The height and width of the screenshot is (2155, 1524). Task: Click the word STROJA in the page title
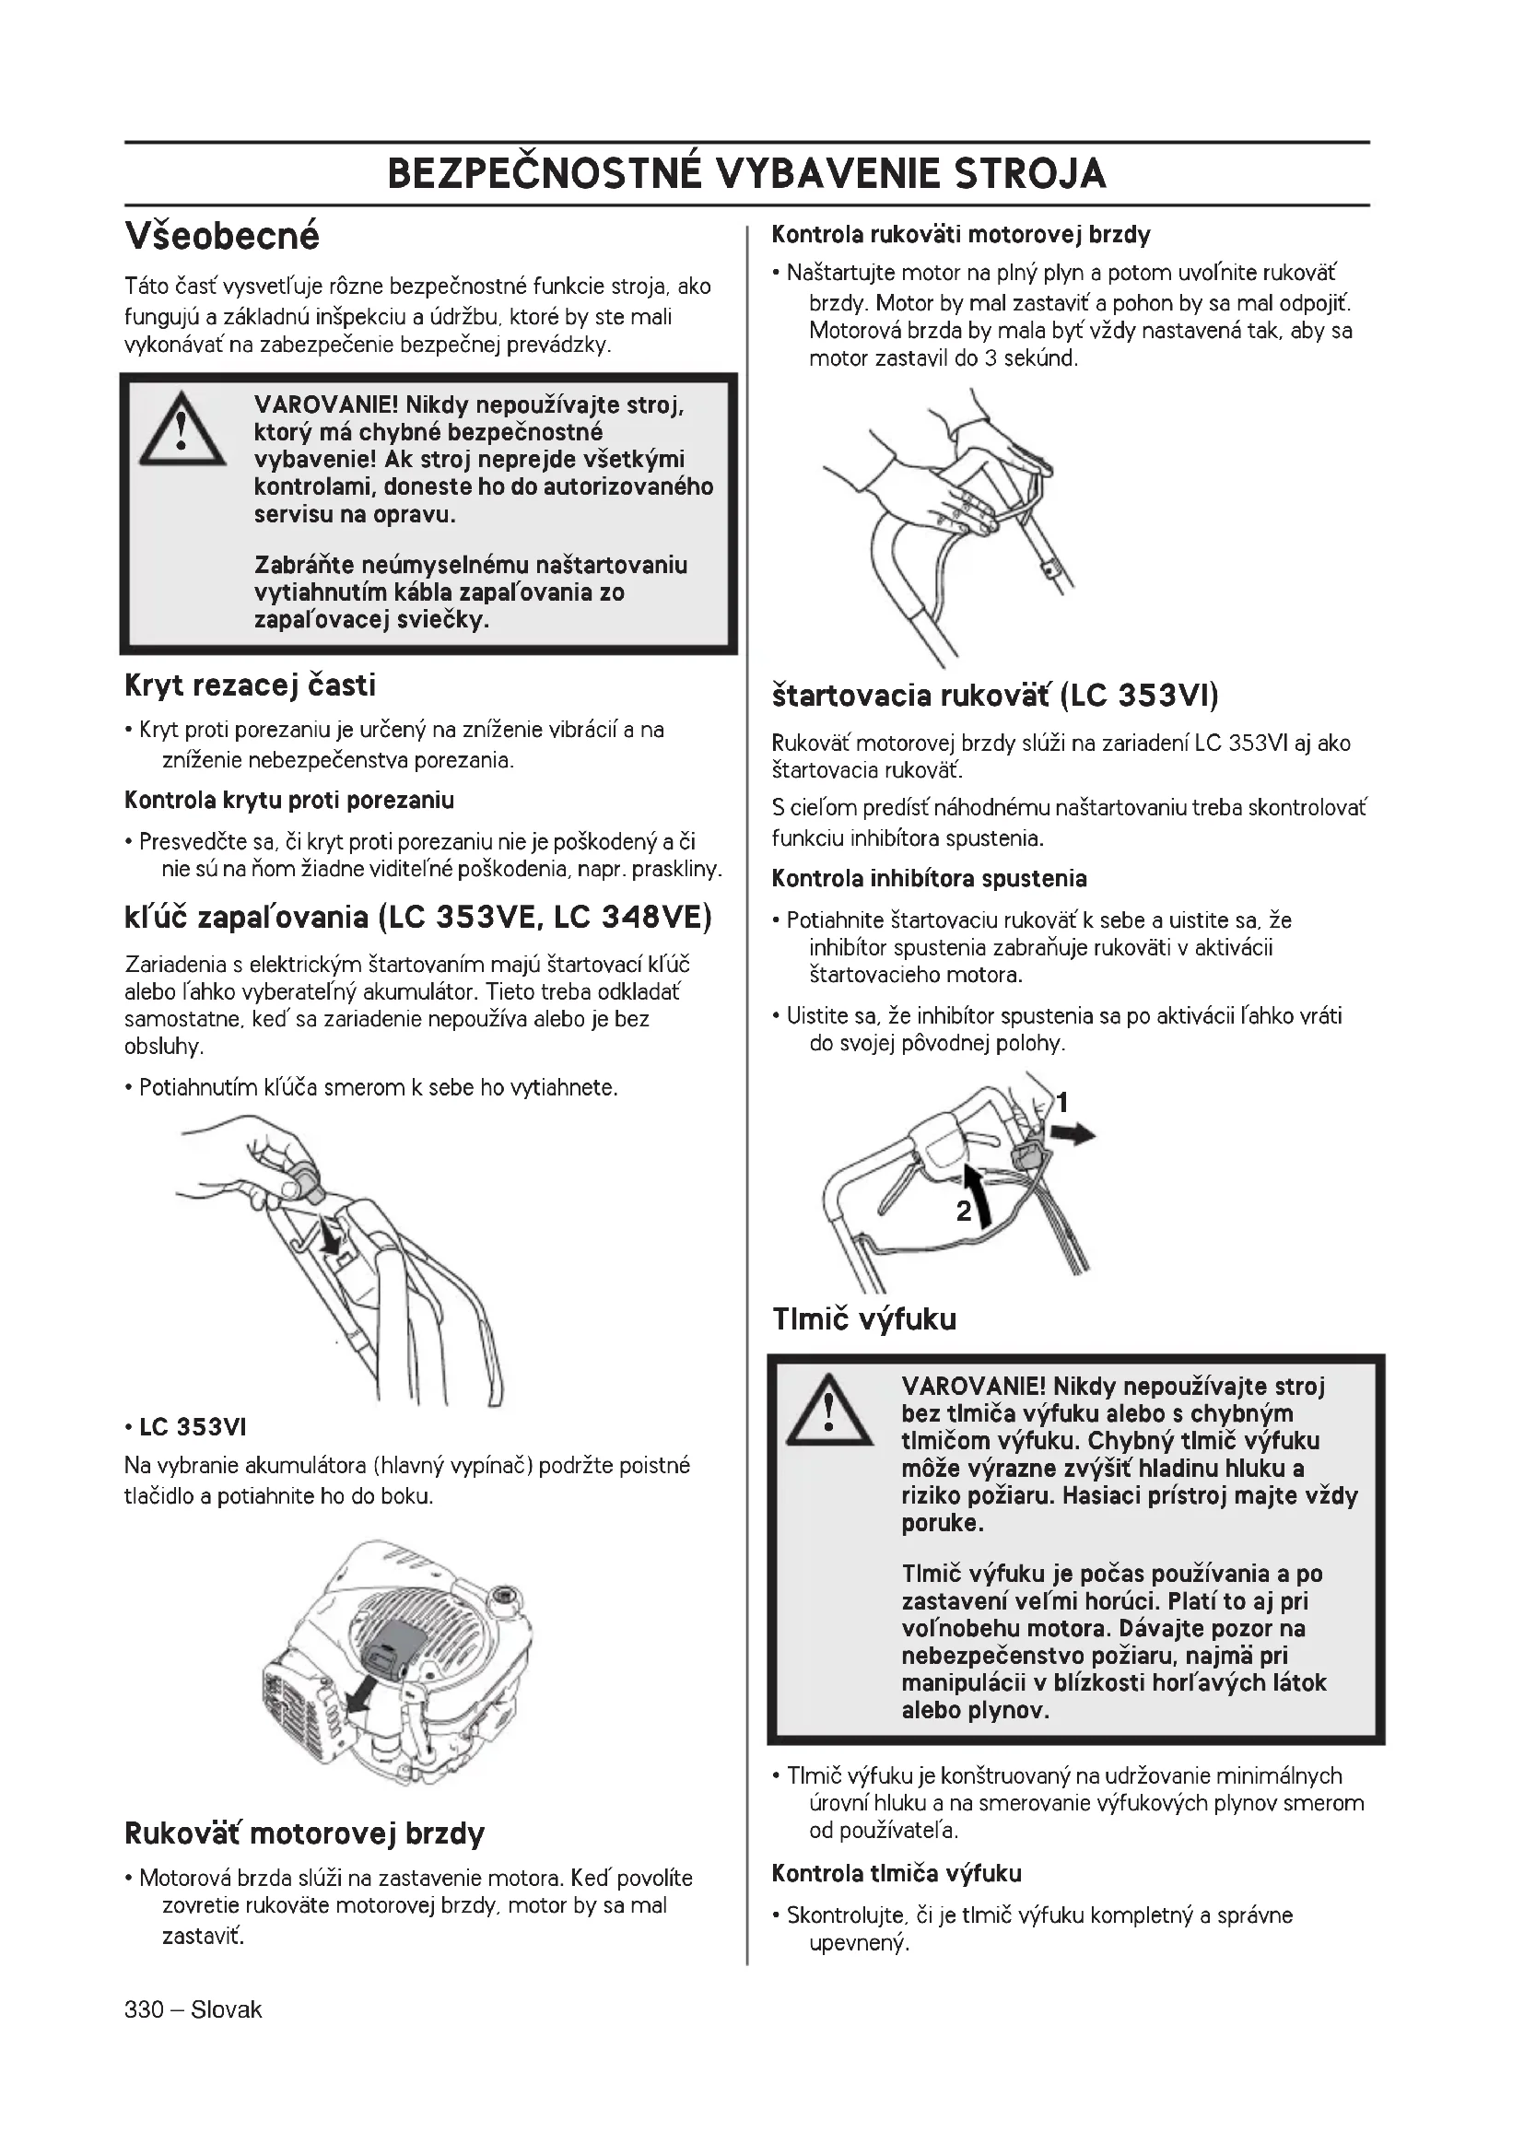1030,174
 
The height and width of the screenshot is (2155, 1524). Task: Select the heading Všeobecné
222,236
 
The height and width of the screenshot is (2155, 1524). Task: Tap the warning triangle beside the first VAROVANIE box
182,430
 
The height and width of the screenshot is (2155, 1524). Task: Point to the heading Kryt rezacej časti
251,686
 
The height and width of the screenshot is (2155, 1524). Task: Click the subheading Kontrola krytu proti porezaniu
289,801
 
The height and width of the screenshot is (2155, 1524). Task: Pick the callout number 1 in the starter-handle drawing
1062,1102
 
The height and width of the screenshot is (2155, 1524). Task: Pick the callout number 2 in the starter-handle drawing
964,1211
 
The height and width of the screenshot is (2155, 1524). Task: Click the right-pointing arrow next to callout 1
1073,1136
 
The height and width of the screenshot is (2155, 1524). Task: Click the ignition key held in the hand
305,1180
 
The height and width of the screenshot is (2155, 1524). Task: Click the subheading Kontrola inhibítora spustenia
929,880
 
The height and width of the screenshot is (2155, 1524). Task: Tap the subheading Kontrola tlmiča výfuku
897,1873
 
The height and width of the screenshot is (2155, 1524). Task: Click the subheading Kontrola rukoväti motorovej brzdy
961,234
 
